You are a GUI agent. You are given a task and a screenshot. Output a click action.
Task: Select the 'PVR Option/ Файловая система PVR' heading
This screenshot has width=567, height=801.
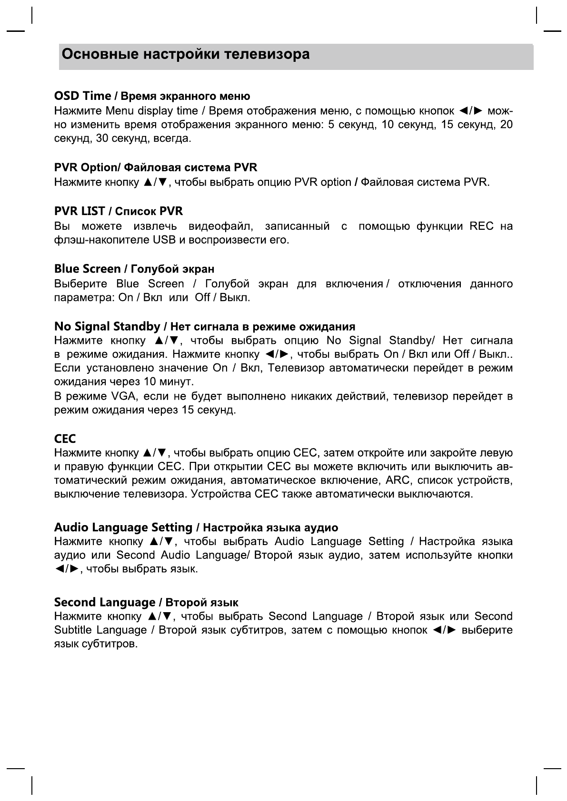click(x=156, y=168)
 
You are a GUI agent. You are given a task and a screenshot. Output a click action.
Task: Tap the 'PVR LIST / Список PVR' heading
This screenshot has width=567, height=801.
click(x=119, y=211)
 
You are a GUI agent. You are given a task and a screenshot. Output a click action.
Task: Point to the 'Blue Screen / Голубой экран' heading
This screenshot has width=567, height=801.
click(x=134, y=269)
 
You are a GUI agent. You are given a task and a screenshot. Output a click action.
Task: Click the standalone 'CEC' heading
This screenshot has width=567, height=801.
click(x=65, y=439)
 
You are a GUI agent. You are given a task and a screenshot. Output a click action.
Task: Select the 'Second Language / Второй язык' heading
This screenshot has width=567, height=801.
click(x=146, y=603)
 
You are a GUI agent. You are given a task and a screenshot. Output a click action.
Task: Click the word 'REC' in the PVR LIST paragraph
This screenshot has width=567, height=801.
click(x=481, y=226)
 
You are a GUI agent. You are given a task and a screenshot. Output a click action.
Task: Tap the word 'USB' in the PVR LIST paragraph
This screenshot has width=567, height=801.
click(x=164, y=240)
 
